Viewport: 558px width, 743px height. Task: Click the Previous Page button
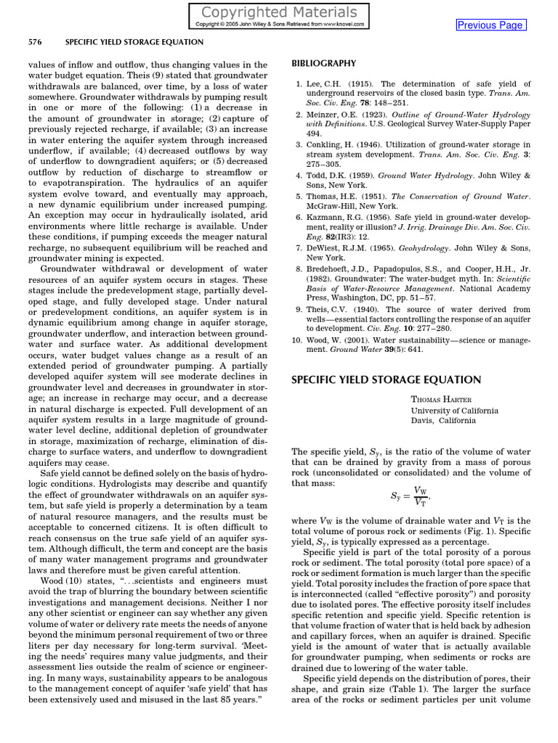[490, 25]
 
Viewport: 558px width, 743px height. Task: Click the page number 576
[35, 42]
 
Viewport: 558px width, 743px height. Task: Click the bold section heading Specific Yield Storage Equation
[386, 379]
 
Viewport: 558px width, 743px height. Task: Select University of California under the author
[455, 410]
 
